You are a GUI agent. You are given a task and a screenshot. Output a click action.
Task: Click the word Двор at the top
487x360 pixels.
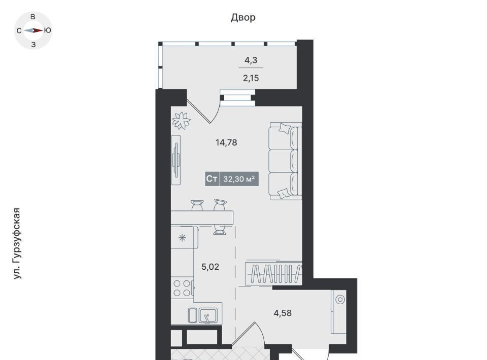click(243, 18)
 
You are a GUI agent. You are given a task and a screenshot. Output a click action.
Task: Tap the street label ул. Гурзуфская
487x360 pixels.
click(17, 243)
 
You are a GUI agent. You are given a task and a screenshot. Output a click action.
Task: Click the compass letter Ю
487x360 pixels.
click(48, 30)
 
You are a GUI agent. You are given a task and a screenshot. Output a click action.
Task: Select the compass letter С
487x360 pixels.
click(19, 31)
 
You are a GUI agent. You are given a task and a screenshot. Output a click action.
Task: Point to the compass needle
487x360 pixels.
click(33, 30)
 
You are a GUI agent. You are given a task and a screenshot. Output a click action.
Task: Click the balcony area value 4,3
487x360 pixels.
click(251, 60)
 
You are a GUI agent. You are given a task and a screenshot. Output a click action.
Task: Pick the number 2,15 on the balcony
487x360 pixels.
click(251, 78)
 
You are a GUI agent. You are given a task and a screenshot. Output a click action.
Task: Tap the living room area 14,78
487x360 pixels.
click(226, 142)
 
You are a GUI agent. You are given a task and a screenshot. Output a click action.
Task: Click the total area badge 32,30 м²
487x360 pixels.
click(239, 179)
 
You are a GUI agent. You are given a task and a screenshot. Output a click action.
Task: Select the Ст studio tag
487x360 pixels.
click(212, 179)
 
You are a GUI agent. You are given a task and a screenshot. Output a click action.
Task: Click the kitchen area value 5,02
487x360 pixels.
click(210, 267)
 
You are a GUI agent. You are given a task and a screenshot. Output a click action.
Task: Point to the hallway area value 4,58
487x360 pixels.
click(283, 313)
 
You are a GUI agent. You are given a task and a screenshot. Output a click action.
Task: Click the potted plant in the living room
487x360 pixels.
click(182, 120)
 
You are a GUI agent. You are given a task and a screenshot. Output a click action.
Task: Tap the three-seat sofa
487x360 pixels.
click(286, 161)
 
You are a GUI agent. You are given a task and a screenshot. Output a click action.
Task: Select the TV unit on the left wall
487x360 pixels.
click(176, 160)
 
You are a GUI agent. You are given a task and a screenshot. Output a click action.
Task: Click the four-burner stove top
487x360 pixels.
click(182, 288)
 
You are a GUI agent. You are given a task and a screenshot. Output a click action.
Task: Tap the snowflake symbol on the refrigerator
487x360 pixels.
click(182, 238)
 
